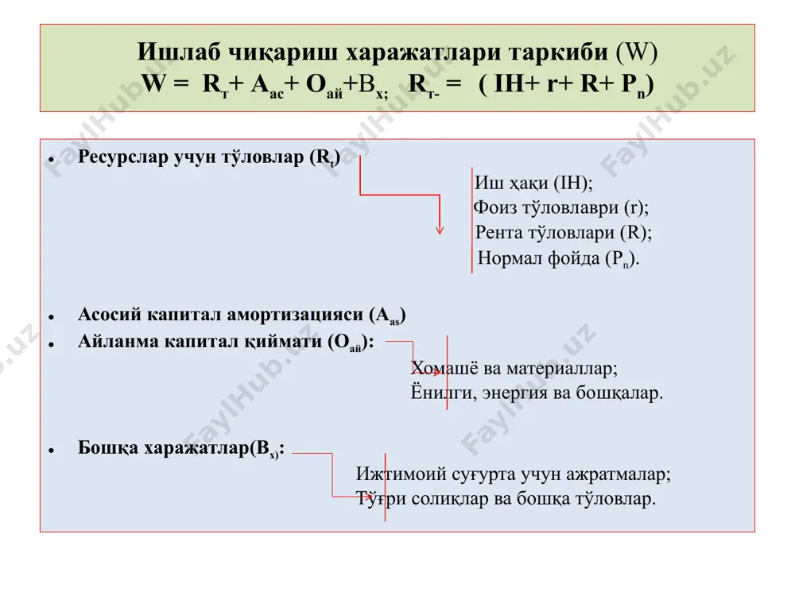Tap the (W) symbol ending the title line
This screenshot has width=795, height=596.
(637, 52)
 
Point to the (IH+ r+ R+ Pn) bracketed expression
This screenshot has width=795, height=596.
(566, 84)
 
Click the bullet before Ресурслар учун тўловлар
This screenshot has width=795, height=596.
(51, 160)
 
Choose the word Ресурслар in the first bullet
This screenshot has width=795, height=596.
(123, 157)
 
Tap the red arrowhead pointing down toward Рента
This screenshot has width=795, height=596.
(440, 230)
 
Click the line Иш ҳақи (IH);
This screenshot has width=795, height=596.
(533, 183)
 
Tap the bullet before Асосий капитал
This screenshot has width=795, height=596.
(51, 317)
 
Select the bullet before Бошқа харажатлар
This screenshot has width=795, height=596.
(51, 451)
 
